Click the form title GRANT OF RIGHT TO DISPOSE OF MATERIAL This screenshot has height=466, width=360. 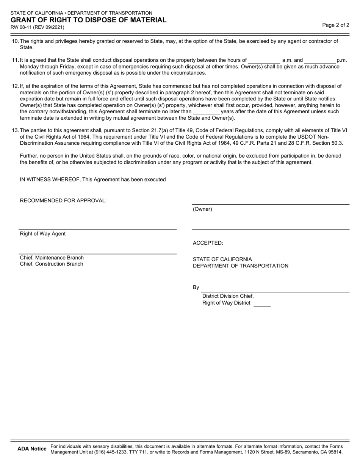pos(88,20)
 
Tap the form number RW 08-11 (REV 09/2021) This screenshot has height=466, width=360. pos(37,27)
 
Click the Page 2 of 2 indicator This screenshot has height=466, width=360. pos(336,25)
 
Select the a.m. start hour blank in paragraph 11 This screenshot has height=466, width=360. pos(264,60)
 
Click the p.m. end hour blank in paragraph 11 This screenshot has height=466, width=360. pos(320,60)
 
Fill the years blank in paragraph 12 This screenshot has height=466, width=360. pos(207,112)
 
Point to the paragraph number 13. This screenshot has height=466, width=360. pos(15,130)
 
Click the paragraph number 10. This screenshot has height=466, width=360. pos(15,41)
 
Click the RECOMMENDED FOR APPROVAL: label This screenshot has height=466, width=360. pos(63,201)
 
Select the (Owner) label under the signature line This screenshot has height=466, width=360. pos(203,209)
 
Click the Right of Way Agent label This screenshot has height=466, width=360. pos(43,234)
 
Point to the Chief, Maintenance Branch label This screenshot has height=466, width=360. pos(52,258)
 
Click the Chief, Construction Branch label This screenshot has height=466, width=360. pos(52,264)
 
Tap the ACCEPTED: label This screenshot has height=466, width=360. pos(208,243)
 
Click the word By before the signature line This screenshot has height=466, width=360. pos(196,288)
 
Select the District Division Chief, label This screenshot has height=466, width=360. pos(228,296)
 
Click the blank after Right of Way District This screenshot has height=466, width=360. pos(262,303)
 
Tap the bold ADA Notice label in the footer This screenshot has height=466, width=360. pos(32,449)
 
